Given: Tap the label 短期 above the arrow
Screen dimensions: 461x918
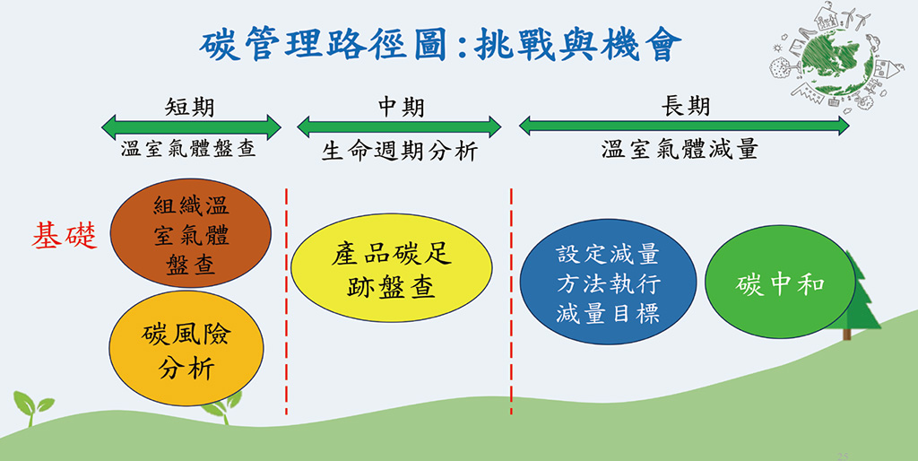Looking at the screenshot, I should (190, 107).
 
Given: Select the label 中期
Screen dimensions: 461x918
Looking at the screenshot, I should (400, 107).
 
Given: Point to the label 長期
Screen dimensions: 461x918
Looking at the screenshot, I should (685, 106).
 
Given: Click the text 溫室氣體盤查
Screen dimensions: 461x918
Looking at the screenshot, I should (189, 149).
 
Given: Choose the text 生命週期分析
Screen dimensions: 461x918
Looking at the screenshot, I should (400, 151).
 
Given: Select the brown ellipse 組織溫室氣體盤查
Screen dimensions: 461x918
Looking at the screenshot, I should (190, 235).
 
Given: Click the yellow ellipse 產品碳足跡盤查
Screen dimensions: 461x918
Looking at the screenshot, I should (392, 269).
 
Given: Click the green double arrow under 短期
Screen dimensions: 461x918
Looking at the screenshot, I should (191, 126).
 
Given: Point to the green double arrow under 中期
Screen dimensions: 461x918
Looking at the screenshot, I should (399, 126).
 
